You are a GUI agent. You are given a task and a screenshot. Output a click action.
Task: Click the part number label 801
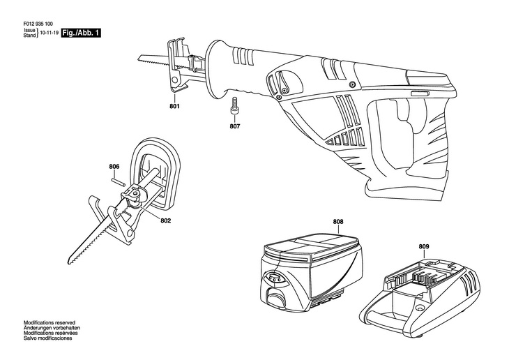(x=174, y=106)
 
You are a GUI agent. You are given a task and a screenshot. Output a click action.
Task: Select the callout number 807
(x=235, y=126)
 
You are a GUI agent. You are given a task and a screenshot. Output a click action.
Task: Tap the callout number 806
(x=114, y=167)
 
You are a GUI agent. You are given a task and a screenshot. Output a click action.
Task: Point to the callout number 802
(x=165, y=220)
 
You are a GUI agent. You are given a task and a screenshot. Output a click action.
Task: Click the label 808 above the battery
(x=338, y=222)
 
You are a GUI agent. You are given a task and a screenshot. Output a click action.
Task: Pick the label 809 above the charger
(x=424, y=246)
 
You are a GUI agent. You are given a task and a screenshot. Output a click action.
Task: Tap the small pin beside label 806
(x=118, y=181)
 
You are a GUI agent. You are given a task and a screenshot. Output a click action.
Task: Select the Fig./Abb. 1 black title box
(x=81, y=33)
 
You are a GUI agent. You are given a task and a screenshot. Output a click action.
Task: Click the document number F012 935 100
(x=38, y=24)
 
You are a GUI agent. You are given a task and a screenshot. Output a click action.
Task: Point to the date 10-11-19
(x=49, y=33)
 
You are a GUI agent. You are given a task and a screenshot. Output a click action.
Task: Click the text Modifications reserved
(x=50, y=322)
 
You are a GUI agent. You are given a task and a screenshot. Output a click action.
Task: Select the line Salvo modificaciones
(x=47, y=338)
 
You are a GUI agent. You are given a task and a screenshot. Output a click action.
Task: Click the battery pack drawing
(x=310, y=270)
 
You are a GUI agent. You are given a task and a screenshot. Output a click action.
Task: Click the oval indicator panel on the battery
(x=273, y=279)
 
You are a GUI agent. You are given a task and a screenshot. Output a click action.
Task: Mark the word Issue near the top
(x=29, y=30)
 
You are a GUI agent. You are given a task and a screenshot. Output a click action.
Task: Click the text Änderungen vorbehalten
(x=52, y=328)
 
